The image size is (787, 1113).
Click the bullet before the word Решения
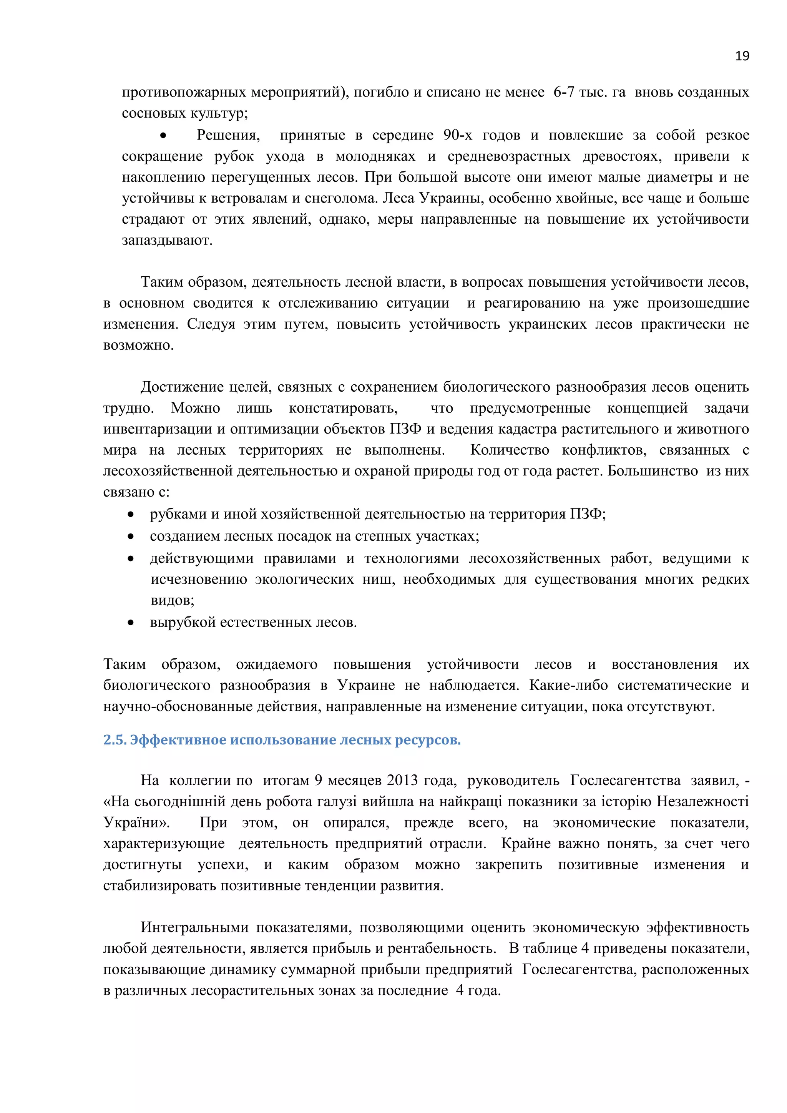(163, 136)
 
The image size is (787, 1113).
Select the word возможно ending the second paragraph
(138, 345)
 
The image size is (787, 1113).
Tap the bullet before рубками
(130, 515)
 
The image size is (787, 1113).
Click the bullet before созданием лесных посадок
(130, 537)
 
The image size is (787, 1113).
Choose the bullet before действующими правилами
(130, 559)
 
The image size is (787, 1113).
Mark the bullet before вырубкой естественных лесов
(130, 623)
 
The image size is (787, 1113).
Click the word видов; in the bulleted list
(172, 601)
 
